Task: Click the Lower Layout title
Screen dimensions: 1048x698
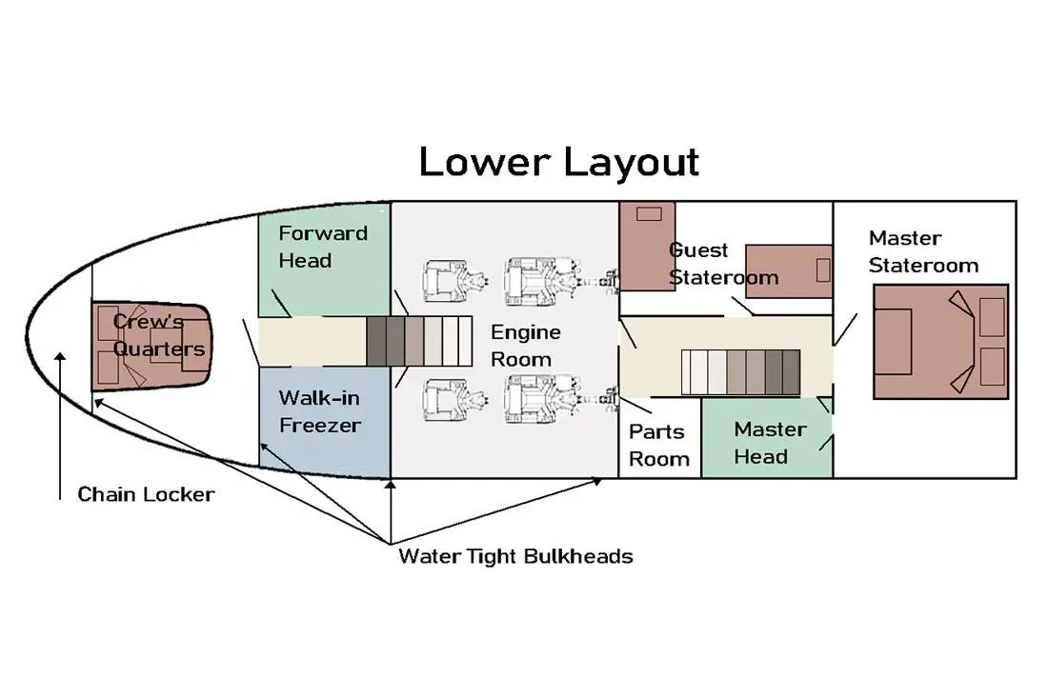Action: click(558, 162)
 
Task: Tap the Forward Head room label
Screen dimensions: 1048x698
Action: click(323, 247)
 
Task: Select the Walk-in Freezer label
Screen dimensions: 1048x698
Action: click(320, 411)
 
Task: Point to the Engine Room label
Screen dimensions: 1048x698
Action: click(525, 346)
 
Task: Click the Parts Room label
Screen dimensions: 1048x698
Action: click(659, 445)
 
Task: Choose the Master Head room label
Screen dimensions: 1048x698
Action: click(770, 443)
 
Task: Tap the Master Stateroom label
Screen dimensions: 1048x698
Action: click(923, 251)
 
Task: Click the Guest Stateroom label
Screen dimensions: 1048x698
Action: click(724, 264)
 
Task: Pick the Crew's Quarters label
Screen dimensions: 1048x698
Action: click(158, 334)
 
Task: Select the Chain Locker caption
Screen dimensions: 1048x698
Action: click(146, 494)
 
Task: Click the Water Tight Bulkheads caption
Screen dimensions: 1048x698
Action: click(515, 556)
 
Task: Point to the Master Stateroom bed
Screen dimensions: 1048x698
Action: click(940, 342)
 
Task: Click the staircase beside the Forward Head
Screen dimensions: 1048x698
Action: click(419, 341)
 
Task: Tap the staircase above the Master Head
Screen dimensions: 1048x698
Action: click(740, 372)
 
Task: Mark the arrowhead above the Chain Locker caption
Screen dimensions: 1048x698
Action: click(60, 357)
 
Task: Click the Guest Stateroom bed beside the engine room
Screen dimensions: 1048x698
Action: click(647, 247)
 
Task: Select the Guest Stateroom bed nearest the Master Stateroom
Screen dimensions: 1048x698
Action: click(789, 271)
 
